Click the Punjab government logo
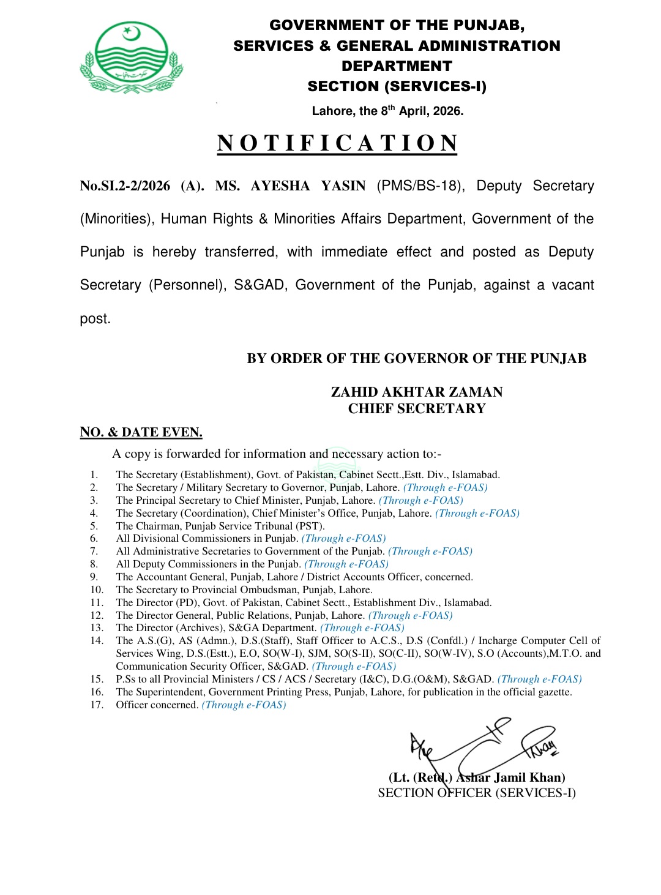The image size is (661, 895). pyautogui.click(x=132, y=58)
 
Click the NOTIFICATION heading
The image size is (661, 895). pyautogui.click(x=337, y=143)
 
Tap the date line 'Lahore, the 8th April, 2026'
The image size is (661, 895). pyautogui.click(x=387, y=111)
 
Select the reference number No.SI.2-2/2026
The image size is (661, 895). pyautogui.click(x=125, y=186)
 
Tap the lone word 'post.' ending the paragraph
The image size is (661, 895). pyautogui.click(x=95, y=319)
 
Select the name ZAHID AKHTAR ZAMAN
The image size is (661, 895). pyautogui.click(x=417, y=392)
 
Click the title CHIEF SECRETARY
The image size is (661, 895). pyautogui.click(x=417, y=408)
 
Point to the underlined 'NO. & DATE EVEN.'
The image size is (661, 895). pyautogui.click(x=141, y=432)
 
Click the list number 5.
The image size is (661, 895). pyautogui.click(x=94, y=526)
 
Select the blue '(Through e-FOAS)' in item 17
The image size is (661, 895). pyautogui.click(x=244, y=705)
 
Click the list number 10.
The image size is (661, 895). pyautogui.click(x=97, y=590)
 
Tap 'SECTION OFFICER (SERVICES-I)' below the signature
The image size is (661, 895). pyautogui.click(x=477, y=793)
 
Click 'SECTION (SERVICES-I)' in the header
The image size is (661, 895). pyautogui.click(x=397, y=86)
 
